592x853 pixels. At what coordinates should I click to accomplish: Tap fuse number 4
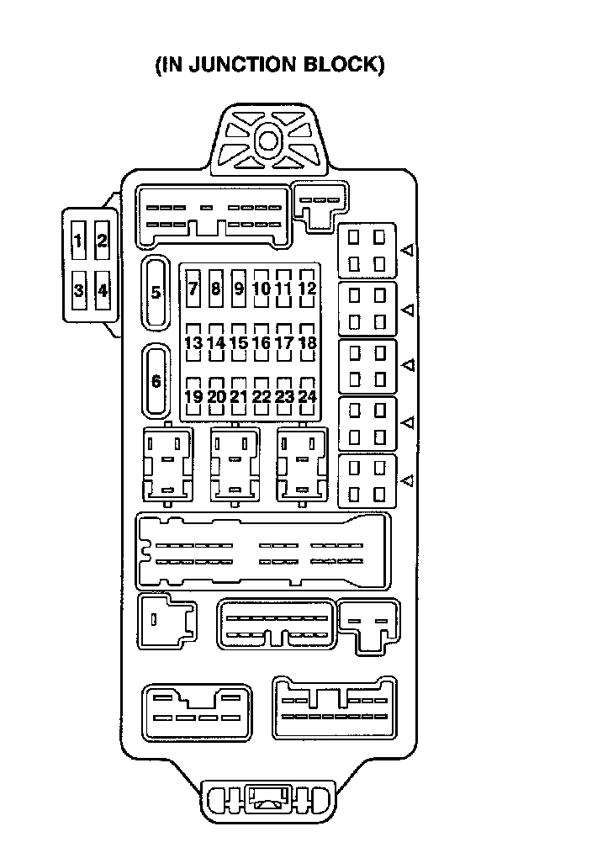click(103, 291)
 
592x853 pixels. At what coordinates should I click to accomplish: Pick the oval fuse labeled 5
click(156, 293)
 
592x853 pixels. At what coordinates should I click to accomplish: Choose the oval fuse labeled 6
click(156, 380)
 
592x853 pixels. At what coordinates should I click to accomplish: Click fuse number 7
click(193, 289)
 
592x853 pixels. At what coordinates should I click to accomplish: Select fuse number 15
click(239, 342)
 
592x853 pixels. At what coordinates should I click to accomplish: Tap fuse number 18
click(307, 342)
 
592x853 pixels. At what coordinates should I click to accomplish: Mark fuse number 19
click(193, 396)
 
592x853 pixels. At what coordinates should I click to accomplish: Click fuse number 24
click(307, 396)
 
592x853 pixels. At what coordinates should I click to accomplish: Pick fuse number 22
click(262, 396)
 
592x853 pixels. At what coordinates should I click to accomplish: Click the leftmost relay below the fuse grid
click(168, 465)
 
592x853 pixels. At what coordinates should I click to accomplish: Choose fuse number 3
click(78, 291)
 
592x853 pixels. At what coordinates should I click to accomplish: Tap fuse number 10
click(262, 289)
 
